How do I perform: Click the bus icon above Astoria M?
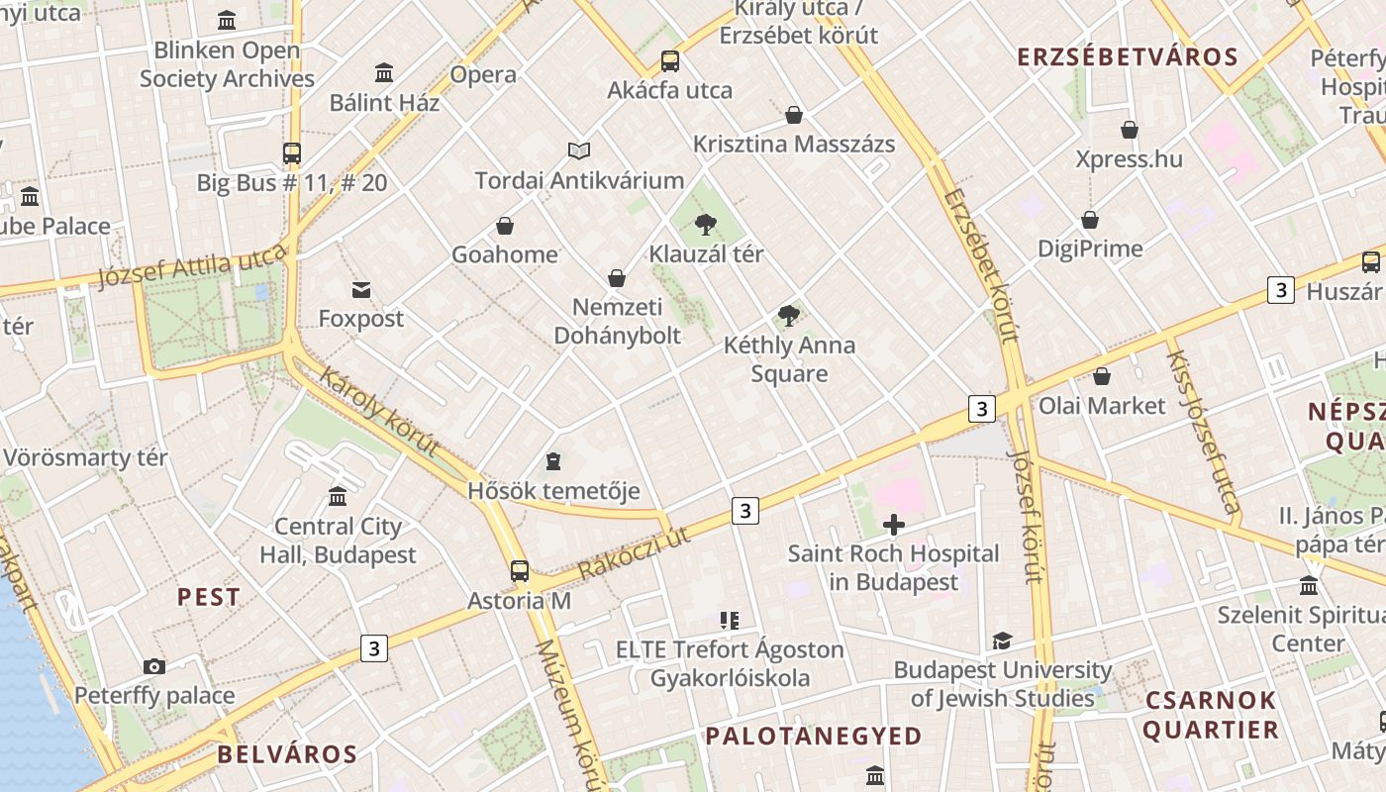click(520, 571)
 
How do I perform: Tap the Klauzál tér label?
click(706, 254)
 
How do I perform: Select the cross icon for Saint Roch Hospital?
click(894, 525)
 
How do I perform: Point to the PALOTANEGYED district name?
click(813, 737)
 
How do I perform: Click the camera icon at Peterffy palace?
click(153, 666)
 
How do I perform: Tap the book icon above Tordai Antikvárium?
click(579, 150)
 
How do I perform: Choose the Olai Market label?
click(1102, 406)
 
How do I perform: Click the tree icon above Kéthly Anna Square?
click(789, 316)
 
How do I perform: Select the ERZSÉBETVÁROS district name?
click(1128, 57)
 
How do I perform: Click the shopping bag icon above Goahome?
click(505, 226)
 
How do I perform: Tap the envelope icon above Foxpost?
click(361, 290)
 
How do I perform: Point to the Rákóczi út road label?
click(634, 553)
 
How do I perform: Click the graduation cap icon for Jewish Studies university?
click(1002, 641)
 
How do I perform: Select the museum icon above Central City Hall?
click(338, 496)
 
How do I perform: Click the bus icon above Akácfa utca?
click(670, 61)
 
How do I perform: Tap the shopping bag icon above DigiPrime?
click(1090, 220)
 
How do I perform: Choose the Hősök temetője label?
click(553, 491)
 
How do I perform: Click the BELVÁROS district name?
click(287, 754)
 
